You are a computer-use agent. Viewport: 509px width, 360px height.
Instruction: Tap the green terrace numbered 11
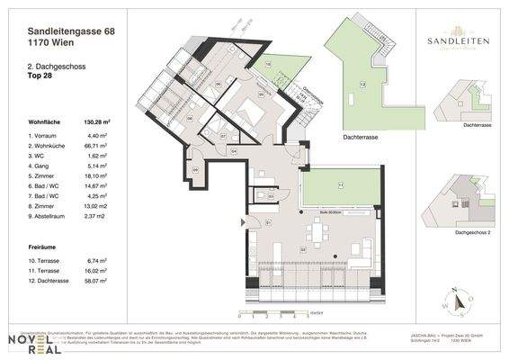pyautogui.click(x=339, y=186)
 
